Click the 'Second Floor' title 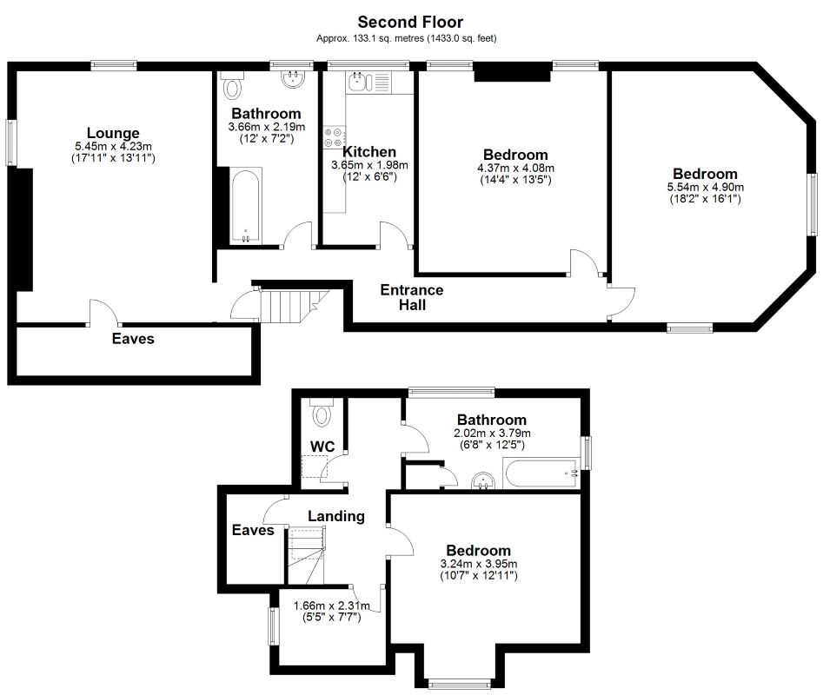click(410, 23)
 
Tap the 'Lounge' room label click(113, 133)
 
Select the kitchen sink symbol click(357, 83)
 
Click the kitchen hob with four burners click(334, 137)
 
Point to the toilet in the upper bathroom click(231, 86)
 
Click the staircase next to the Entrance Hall click(288, 306)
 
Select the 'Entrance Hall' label click(411, 297)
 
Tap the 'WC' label click(323, 447)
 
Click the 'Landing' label click(336, 516)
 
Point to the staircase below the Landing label click(306, 556)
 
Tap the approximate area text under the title click(407, 39)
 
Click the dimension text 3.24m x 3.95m click(478, 563)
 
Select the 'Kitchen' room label click(369, 152)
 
